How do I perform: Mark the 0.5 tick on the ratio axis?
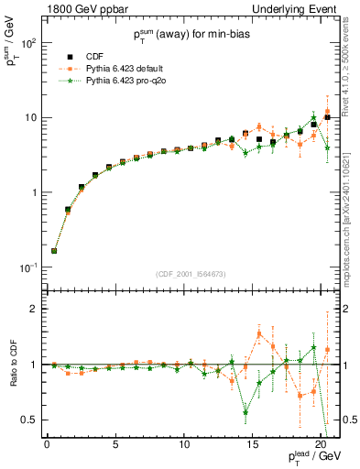(29, 420)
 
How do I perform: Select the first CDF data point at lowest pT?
(54, 251)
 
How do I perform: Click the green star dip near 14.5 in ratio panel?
(245, 412)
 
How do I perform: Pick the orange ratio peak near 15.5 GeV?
(259, 333)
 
